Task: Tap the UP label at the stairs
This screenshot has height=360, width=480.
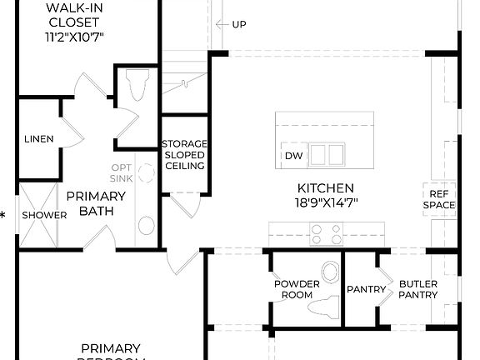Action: [239, 24]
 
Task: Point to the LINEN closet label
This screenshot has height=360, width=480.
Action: [39, 138]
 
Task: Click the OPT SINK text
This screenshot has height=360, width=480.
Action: [122, 172]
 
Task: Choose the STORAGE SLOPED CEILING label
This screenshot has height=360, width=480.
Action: [183, 155]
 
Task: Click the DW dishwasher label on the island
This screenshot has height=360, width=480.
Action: [293, 156]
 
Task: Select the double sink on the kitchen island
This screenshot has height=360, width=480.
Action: [327, 155]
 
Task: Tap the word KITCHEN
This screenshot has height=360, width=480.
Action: [326, 188]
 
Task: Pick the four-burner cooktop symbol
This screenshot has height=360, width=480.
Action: [327, 237]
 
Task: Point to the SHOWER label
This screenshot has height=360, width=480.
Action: [45, 215]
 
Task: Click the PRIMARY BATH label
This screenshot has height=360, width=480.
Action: [96, 203]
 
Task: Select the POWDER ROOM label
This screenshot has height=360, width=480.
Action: [297, 289]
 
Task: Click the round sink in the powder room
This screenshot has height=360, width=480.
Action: [329, 272]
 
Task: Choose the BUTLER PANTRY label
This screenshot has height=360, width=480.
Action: [417, 289]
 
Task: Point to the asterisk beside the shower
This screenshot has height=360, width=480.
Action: [3, 216]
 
